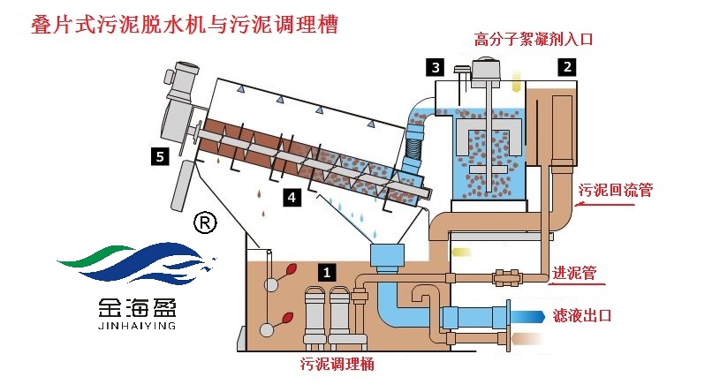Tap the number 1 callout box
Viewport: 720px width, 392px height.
point(326,273)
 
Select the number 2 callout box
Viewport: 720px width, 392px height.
point(567,64)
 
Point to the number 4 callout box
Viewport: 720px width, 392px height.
point(291,196)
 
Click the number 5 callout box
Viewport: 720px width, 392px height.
point(159,156)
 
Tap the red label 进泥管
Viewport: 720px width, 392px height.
point(580,273)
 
